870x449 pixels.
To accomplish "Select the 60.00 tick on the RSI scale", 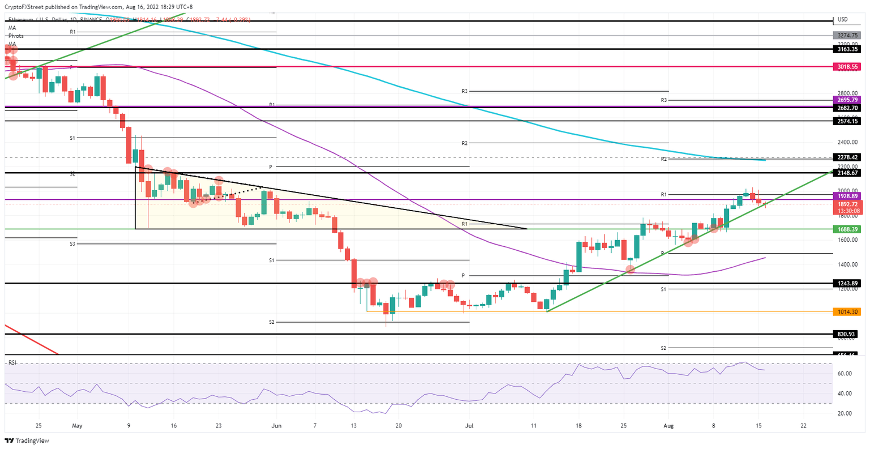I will coord(845,374).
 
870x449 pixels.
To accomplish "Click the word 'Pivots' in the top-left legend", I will coord(16,36).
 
